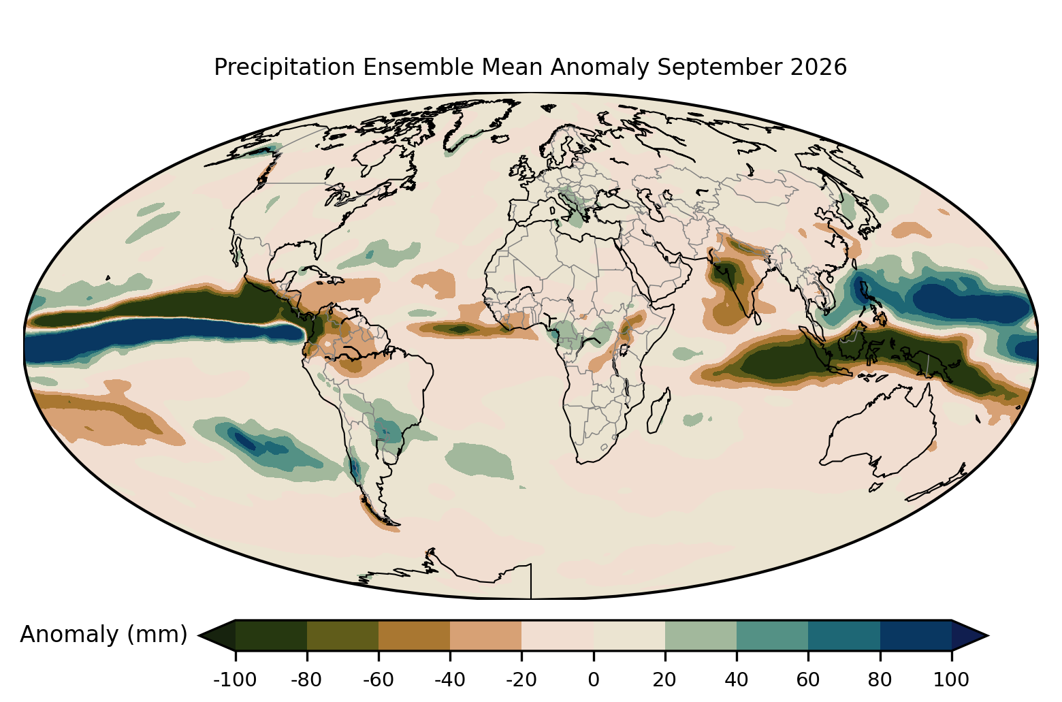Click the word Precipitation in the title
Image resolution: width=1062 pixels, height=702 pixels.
click(285, 67)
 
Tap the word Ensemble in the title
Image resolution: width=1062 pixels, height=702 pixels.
click(418, 67)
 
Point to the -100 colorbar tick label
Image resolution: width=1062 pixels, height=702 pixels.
click(235, 680)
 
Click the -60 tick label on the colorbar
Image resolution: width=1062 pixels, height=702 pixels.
click(379, 680)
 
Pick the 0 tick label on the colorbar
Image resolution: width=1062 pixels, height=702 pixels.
click(594, 680)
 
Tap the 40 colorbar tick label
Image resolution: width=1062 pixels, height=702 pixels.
click(737, 680)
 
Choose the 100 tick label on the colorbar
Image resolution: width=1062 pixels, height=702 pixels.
click(952, 680)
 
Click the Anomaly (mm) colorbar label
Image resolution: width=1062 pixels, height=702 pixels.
click(104, 635)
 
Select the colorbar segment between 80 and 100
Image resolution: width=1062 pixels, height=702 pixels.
click(916, 635)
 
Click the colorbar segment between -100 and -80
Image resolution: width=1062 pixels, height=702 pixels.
click(271, 635)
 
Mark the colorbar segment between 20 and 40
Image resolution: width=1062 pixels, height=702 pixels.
click(701, 635)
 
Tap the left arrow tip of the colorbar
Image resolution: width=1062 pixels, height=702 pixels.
click(198, 635)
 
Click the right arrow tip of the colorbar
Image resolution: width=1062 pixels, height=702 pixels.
click(988, 635)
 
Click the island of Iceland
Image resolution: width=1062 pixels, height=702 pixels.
click(500, 139)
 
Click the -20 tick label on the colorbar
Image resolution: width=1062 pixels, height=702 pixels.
click(521, 680)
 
